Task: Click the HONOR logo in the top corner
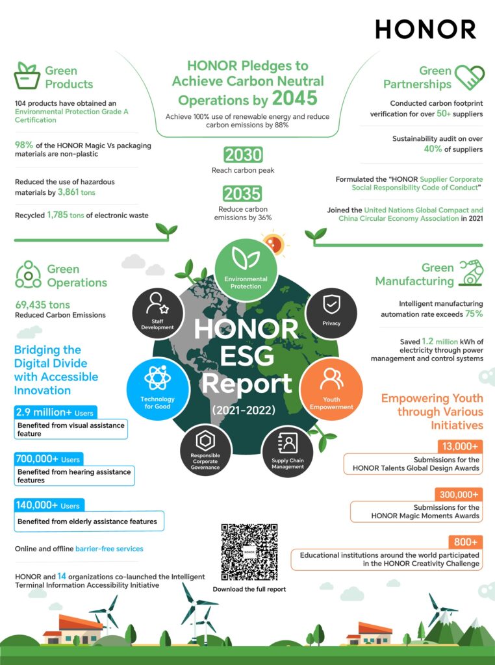pos(425,29)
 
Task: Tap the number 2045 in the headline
pos(295,98)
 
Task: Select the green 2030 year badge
pos(243,155)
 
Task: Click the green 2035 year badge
pos(243,194)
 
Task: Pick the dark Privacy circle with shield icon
pos(331,312)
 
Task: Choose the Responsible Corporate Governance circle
pos(205,451)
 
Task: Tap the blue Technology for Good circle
pos(157,388)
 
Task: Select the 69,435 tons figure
pos(42,305)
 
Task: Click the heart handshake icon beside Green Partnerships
pos(468,77)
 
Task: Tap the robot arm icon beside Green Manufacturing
pos(470,273)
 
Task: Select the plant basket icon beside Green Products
pos(27,77)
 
